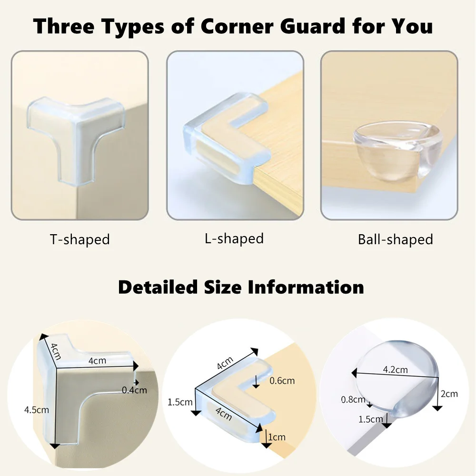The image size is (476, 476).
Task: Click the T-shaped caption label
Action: click(80, 239)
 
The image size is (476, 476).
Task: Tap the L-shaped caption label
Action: click(234, 238)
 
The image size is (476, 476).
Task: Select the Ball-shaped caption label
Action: click(395, 239)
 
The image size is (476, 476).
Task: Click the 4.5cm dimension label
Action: click(37, 409)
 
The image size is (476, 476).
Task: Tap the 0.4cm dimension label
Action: click(134, 390)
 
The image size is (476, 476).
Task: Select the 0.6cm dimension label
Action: click(282, 380)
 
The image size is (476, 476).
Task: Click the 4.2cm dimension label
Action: click(395, 369)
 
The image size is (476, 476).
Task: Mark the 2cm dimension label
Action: click(449, 394)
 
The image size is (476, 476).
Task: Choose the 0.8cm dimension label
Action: click(353, 399)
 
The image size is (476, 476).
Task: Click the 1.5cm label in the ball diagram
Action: click(371, 419)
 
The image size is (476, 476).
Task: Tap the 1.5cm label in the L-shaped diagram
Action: click(180, 402)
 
